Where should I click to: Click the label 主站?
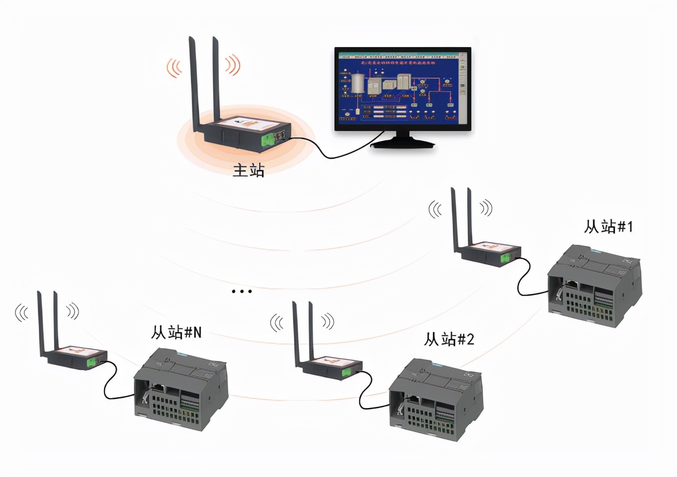click(248, 170)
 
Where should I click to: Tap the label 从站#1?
click(608, 227)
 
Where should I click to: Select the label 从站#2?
click(449, 340)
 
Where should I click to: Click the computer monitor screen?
click(402, 89)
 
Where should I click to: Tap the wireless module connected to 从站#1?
click(488, 253)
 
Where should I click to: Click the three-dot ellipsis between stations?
click(242, 292)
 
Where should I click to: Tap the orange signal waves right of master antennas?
click(232, 65)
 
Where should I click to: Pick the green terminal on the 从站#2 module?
click(347, 372)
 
